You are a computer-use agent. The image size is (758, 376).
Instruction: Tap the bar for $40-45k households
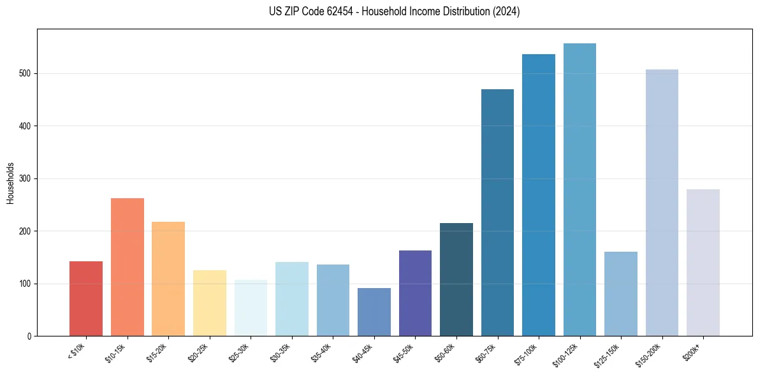(374, 312)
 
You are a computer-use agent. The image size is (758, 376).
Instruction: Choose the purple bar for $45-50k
(415, 293)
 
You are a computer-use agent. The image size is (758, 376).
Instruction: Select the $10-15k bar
(128, 267)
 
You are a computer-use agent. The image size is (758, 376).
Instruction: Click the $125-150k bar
(621, 294)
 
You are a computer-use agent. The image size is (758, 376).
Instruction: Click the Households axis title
(10, 183)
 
